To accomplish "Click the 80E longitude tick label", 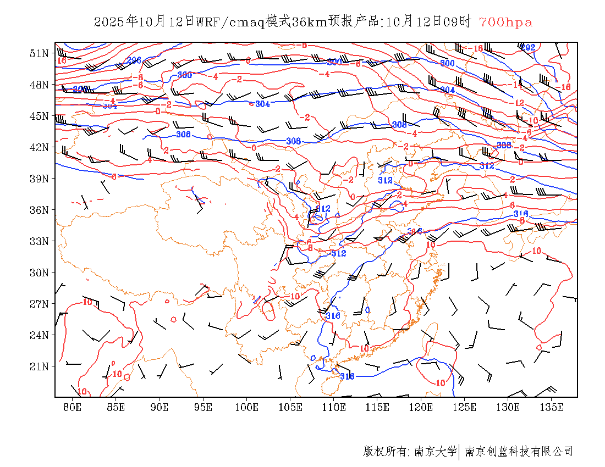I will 73,407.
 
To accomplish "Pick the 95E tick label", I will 203,407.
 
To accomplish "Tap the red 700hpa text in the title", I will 505,22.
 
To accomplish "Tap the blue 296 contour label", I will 134,60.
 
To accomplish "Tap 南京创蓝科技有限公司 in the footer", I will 519,452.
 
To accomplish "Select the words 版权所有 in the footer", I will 384,452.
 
